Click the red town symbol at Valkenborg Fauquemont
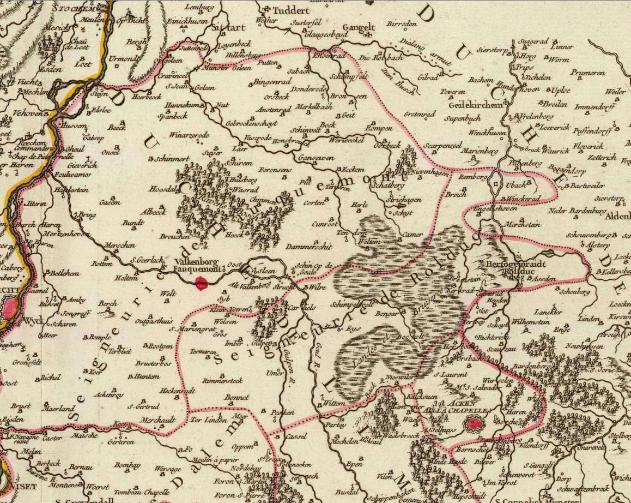[x=202, y=283]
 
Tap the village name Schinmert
[x=172, y=159]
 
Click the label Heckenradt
[x=178, y=391]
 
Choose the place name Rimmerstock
[x=222, y=380]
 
